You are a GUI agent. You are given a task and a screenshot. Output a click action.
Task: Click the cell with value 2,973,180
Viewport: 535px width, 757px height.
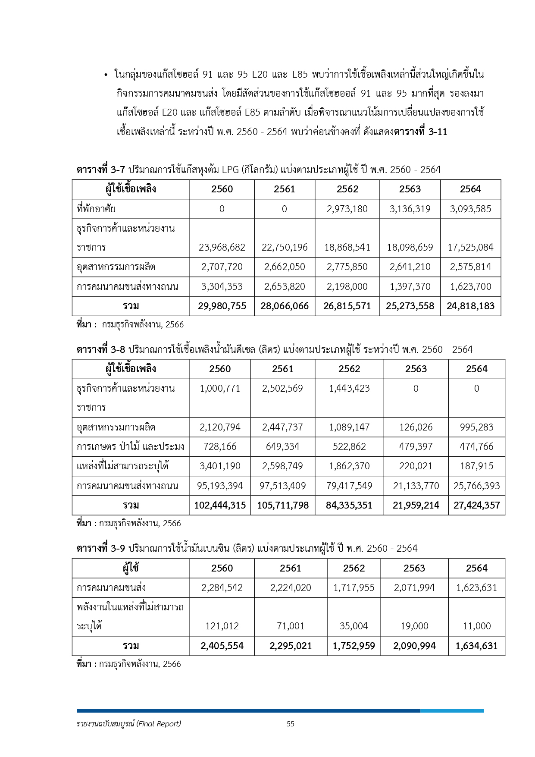click(347, 209)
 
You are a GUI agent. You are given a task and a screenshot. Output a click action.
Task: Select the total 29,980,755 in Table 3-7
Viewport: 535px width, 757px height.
click(222, 306)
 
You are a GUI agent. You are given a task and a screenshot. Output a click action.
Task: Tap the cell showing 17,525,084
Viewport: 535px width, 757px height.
click(470, 248)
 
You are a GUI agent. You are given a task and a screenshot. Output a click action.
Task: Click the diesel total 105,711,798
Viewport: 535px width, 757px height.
click(283, 506)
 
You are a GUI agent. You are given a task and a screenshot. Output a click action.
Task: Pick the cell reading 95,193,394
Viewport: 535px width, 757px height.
click(220, 486)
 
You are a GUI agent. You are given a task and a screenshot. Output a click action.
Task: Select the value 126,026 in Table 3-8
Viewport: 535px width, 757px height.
click(416, 427)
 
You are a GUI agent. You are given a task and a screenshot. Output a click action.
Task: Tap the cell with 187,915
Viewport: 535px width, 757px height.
click(476, 466)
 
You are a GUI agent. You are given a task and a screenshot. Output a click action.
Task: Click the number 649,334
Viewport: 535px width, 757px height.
click(283, 447)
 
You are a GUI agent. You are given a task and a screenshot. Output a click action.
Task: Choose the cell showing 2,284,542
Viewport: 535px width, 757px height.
click(222, 588)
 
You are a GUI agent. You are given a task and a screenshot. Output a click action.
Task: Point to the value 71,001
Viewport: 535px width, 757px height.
click(291, 626)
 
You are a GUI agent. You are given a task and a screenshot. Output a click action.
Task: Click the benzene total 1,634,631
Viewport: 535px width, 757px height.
click(476, 646)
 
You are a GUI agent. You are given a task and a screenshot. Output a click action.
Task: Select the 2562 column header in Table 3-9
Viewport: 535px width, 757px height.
click(354, 569)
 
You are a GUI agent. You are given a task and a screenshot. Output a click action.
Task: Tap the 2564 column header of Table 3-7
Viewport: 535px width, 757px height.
click(470, 189)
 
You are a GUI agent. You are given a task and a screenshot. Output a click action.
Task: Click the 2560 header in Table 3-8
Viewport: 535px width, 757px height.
click(220, 369)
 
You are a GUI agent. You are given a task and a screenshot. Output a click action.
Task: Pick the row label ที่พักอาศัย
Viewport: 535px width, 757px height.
click(96, 209)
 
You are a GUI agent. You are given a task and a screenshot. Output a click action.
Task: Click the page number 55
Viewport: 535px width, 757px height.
click(291, 724)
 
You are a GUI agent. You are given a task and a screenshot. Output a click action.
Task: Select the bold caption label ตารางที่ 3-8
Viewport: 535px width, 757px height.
click(101, 349)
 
